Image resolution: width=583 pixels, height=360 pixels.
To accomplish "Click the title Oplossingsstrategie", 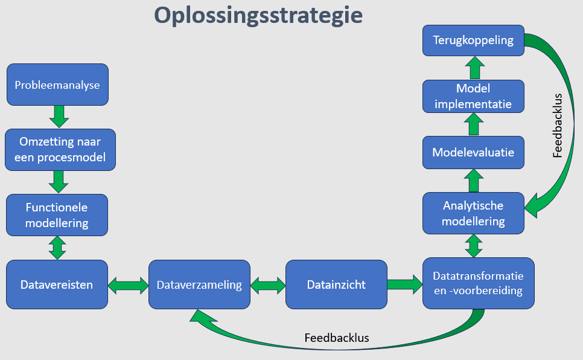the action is (x=258, y=16).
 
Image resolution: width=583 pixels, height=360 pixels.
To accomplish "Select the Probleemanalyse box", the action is (x=57, y=85).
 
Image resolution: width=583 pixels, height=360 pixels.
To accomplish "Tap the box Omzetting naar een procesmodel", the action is (x=60, y=150).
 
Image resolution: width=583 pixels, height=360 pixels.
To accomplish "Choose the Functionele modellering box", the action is (x=57, y=215).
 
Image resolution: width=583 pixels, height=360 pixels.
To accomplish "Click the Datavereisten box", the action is (x=57, y=284).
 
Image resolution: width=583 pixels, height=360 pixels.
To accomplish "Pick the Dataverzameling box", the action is (x=199, y=284).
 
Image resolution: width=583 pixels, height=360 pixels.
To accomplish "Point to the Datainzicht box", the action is (x=336, y=284).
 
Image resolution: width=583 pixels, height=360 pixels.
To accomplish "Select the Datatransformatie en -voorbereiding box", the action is (x=479, y=283).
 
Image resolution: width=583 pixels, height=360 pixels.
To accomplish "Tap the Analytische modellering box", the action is (x=473, y=213).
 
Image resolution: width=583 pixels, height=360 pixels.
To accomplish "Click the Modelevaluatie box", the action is (x=473, y=152).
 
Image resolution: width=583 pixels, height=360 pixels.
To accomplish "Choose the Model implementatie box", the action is (x=473, y=96).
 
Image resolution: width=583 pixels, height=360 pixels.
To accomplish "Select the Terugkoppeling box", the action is (x=473, y=40).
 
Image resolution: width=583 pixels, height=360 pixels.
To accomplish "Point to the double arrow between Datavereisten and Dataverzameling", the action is (x=129, y=286).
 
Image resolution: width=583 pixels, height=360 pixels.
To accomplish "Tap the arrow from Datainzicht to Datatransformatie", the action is (x=405, y=284).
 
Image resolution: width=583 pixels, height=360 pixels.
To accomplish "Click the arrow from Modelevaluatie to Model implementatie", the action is (x=474, y=124).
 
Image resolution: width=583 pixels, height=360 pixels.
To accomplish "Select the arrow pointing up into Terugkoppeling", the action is (x=475, y=68).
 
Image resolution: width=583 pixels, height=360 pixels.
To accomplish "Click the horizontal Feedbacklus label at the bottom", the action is (x=337, y=338).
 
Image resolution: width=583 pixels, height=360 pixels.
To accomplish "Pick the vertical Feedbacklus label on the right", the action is (x=557, y=126).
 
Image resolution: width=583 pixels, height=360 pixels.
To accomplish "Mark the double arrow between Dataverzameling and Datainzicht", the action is (x=268, y=286).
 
